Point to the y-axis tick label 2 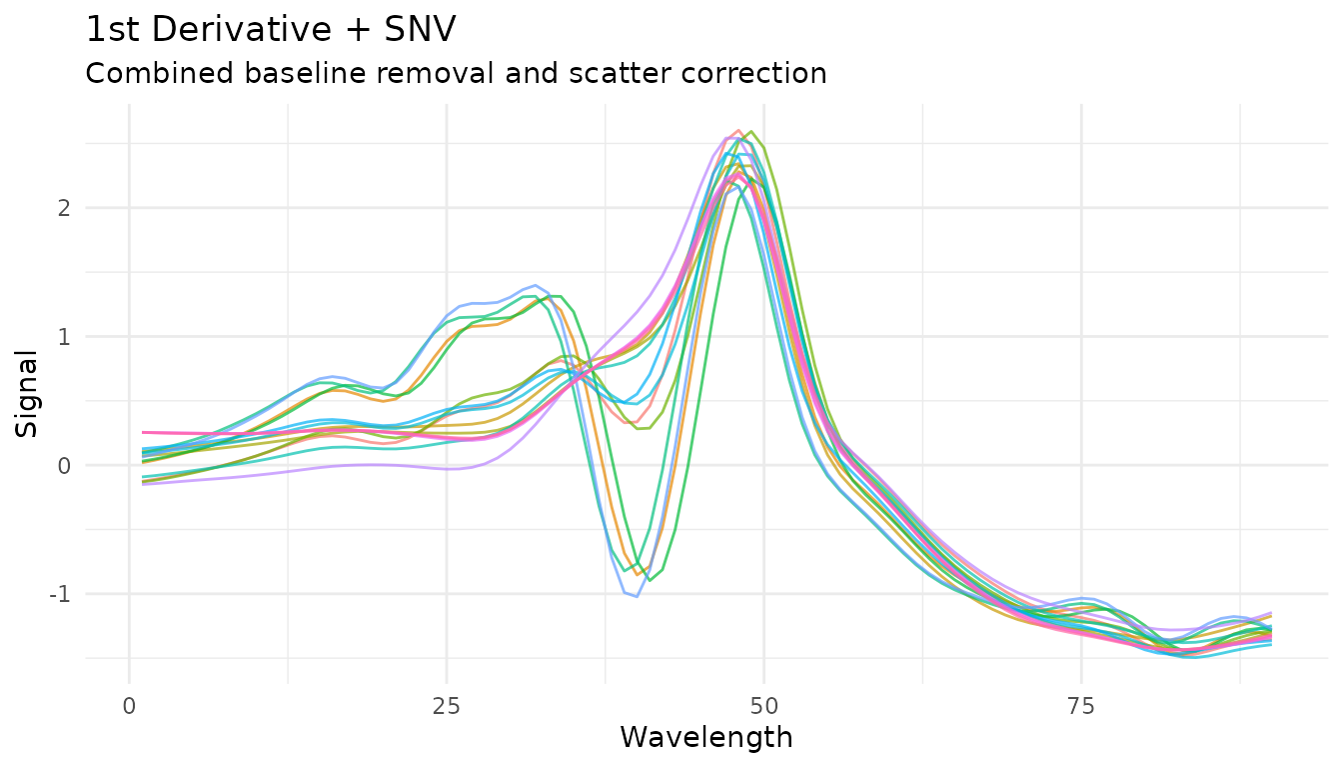click(66, 208)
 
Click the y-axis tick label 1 click(66, 337)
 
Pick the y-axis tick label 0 click(66, 466)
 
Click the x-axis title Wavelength click(705, 738)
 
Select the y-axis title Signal click(28, 393)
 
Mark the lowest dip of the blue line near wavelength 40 click(637, 597)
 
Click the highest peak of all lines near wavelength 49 click(750, 131)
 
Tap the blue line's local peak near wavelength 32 click(536, 285)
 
